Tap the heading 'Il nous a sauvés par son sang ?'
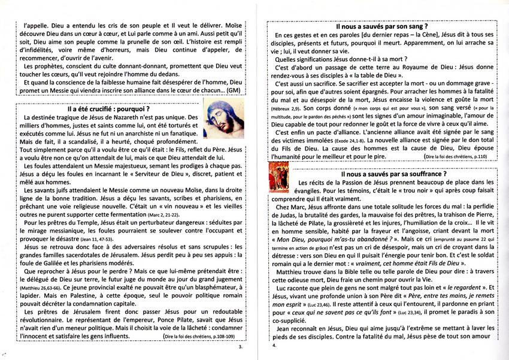tap(381, 27)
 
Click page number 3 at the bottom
tap(240, 346)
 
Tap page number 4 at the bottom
tap(274, 346)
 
